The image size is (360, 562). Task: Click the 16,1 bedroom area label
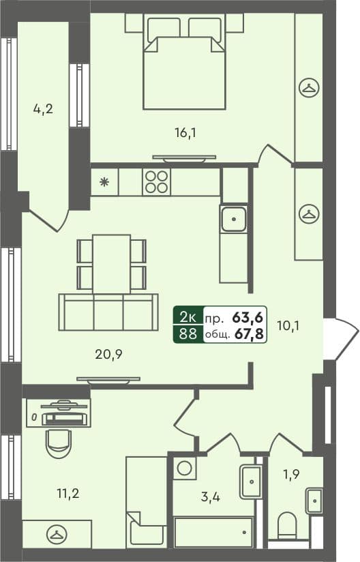point(185,133)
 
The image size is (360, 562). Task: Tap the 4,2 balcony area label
point(43,108)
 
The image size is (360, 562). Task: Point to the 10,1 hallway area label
point(288,325)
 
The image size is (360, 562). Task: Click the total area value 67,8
point(250,334)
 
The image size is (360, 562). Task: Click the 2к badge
point(188,316)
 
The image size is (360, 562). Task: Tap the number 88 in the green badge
point(188,334)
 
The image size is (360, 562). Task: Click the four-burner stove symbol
point(155,182)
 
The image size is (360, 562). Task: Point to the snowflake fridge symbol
point(104,182)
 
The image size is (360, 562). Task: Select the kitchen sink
point(233,220)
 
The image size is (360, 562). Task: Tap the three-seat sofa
point(108,313)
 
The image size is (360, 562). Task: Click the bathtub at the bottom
point(213,532)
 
